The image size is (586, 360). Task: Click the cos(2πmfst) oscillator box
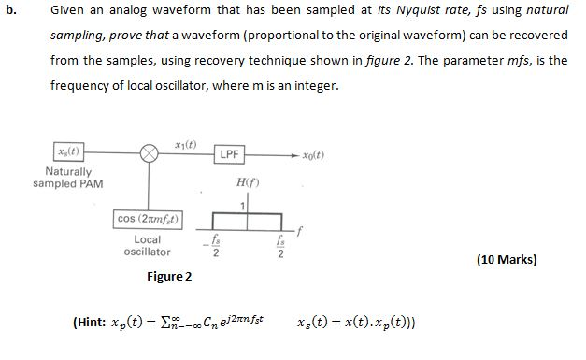tap(148, 219)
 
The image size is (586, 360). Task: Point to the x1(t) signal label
tap(185, 143)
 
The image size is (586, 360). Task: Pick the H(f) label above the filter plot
tap(248, 184)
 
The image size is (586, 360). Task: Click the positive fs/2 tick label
tap(279, 245)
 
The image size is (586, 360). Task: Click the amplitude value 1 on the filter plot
tap(242, 205)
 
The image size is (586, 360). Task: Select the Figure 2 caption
tap(169, 277)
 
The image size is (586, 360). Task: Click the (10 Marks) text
tap(507, 259)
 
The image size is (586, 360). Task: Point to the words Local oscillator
tap(148, 246)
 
